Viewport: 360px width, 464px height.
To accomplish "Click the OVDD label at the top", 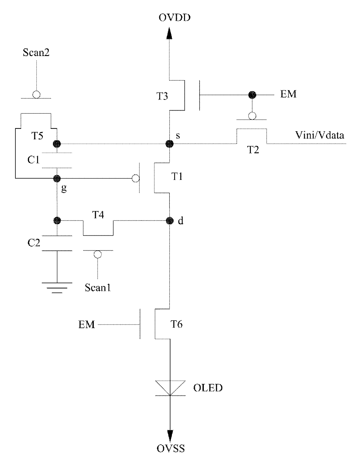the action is [174, 17].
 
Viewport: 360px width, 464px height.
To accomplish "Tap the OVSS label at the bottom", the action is [170, 448].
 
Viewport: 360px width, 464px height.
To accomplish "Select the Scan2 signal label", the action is [36, 53].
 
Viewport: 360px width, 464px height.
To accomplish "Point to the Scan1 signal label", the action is [98, 288].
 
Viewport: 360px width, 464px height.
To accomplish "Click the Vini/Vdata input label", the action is [320, 135].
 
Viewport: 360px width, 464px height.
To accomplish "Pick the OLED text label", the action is [208, 388].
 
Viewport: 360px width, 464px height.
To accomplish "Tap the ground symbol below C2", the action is [57, 288].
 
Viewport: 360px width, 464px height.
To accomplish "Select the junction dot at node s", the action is [170, 144].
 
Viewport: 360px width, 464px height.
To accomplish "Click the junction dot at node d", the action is [170, 221].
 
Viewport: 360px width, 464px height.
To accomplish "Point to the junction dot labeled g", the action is [57, 178].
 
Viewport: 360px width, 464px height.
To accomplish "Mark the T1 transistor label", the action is [177, 177].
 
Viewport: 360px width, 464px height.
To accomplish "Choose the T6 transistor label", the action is [177, 324].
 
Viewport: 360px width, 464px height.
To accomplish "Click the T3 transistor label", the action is [162, 96].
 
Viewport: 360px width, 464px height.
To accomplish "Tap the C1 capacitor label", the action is [34, 160].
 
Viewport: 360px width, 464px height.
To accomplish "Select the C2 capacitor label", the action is [34, 243].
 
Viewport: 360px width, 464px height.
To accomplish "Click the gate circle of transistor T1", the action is [136, 178].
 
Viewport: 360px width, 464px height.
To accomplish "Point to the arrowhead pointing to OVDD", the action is [169, 33].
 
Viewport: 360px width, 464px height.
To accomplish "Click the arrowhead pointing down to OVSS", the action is [170, 436].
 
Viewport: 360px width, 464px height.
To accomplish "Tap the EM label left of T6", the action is [87, 324].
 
